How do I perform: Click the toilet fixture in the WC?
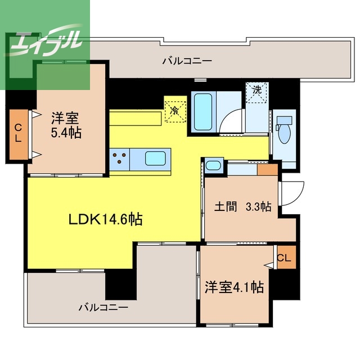[284, 130]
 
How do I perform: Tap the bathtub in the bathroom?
[202, 111]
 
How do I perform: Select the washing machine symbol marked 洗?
[257, 92]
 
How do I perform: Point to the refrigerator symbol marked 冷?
[175, 112]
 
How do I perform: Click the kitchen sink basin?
[155, 158]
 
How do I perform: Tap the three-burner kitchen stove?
[119, 159]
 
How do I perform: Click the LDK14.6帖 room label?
[106, 219]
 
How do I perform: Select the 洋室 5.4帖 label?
[66, 125]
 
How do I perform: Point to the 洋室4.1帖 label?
[234, 287]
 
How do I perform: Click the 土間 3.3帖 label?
[243, 206]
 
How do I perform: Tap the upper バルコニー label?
[187, 61]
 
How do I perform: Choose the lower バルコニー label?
[103, 307]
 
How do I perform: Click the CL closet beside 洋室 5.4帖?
[19, 134]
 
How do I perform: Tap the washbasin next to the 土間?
[214, 165]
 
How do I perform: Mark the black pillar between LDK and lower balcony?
[121, 285]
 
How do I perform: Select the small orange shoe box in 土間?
[268, 170]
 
